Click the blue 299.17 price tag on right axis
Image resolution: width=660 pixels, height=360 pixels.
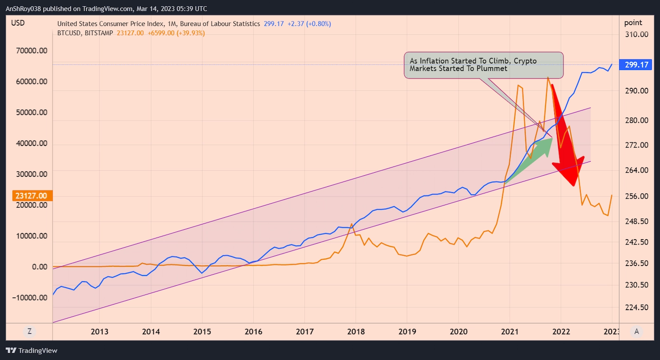(x=636, y=65)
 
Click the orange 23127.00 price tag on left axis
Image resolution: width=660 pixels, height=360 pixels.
(x=31, y=195)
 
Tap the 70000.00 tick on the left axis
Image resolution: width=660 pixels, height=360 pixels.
(x=31, y=51)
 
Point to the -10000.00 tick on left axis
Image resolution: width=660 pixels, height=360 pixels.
(x=30, y=298)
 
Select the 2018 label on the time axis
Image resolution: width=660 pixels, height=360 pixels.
(x=356, y=332)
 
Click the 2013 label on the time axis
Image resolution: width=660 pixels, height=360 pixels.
(x=99, y=332)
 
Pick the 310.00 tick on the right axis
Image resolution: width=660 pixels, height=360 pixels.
(x=636, y=34)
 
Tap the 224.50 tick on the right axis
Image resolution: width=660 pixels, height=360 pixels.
(x=636, y=307)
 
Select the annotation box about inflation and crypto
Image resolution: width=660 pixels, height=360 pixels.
(x=483, y=65)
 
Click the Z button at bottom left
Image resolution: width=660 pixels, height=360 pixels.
(x=29, y=332)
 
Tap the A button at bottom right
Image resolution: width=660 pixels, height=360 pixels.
(x=636, y=332)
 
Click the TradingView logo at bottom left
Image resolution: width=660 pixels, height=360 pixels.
(x=32, y=351)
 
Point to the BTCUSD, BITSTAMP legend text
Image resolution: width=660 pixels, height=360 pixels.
(x=85, y=33)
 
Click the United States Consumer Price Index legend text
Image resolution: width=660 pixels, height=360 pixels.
(x=158, y=24)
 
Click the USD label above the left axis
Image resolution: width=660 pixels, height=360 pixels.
(x=18, y=23)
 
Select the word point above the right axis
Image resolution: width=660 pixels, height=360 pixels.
(x=633, y=23)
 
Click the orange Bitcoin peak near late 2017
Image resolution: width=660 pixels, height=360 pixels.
(x=351, y=225)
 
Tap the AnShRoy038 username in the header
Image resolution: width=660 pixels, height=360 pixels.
(x=23, y=9)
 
